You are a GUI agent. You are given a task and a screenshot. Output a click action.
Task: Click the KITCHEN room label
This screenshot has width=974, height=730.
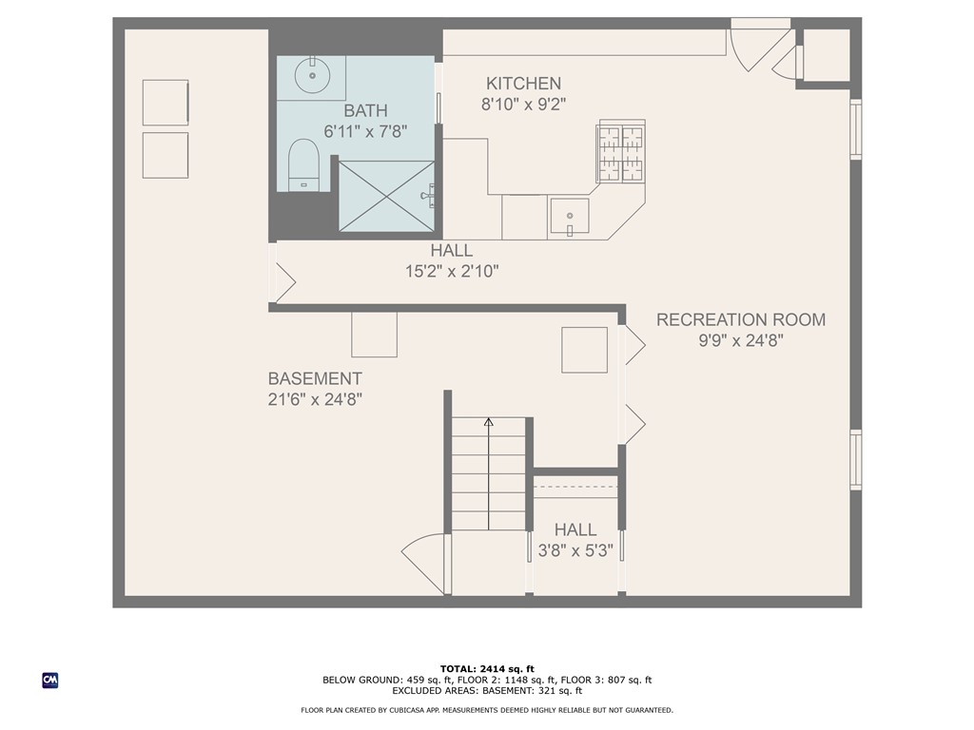pos(523,84)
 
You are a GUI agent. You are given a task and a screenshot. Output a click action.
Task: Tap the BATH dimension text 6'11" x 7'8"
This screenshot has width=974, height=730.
pos(365,132)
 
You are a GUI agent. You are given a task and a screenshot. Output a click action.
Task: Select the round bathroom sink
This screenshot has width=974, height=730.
pos(311,75)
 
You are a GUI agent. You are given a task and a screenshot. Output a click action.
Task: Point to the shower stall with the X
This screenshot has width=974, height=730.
pos(385,196)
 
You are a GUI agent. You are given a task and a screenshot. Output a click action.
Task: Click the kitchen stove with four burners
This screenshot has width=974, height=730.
pos(620,151)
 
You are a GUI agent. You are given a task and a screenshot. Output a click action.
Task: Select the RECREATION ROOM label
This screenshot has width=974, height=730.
pos(741,319)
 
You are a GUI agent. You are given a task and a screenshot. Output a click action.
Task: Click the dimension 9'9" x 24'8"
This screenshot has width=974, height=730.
pos(741,340)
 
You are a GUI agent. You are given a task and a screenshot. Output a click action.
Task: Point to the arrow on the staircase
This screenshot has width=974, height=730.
pos(489,423)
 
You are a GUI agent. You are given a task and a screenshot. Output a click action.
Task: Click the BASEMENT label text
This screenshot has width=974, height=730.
pos(314,378)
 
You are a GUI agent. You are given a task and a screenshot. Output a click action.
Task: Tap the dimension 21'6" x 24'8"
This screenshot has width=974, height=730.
pos(314,400)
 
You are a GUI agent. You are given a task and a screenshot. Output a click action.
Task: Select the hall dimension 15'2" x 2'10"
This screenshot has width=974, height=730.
pos(451,271)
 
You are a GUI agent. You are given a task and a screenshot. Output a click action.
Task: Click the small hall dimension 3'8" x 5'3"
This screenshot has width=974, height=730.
pos(575,550)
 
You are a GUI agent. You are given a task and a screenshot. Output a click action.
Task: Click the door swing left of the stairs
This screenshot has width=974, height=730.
pos(426,561)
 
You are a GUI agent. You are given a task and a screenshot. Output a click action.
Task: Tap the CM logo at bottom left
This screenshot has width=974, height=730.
pos(50,680)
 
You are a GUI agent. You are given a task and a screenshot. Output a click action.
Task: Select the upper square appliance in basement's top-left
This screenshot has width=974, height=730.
pos(166,103)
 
